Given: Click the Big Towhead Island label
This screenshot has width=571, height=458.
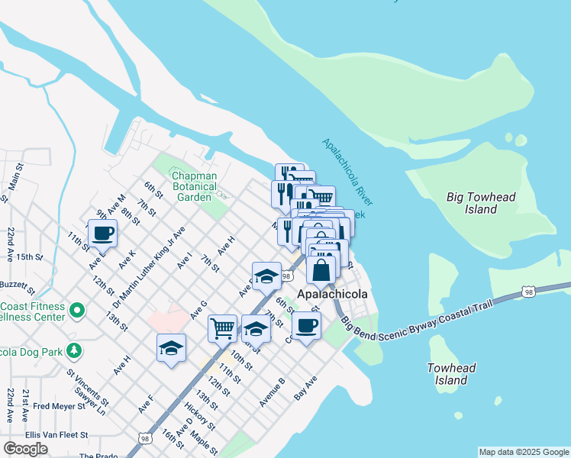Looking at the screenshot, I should click(481, 203).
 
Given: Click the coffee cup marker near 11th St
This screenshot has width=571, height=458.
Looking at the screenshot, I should click(102, 234).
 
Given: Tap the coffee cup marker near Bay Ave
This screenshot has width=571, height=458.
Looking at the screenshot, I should click(306, 326).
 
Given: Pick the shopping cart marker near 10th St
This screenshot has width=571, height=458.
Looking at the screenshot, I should click(222, 328).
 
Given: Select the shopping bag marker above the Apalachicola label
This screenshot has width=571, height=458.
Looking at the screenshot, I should click(322, 269).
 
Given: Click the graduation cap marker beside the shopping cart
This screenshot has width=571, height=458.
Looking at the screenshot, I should click(256, 329).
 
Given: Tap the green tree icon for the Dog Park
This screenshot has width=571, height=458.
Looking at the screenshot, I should click(74, 350).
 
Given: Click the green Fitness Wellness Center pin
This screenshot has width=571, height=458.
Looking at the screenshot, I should click(76, 311).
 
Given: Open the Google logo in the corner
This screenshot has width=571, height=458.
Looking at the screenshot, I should click(25, 449).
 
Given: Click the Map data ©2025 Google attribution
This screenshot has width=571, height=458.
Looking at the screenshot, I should click(523, 452).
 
